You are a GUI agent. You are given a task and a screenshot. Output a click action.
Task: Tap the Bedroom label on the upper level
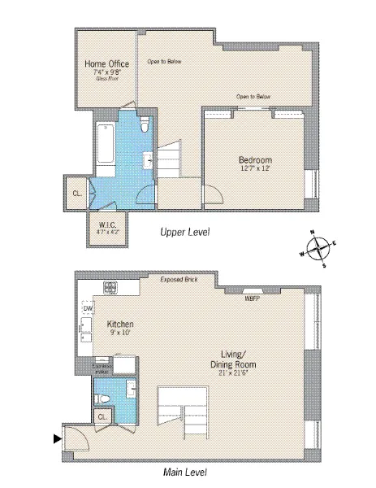[x=255, y=159]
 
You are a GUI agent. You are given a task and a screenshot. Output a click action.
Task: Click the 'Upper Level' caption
[x=186, y=233]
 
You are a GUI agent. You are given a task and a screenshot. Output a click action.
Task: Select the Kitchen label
[x=119, y=324]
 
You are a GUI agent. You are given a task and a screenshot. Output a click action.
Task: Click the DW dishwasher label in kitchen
[x=88, y=309]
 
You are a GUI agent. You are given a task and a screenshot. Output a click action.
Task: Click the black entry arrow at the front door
[x=57, y=439]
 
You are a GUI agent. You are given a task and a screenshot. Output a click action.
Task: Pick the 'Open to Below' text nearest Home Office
[x=162, y=61]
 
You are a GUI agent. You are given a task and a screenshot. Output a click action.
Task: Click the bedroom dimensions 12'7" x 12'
[x=255, y=169]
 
